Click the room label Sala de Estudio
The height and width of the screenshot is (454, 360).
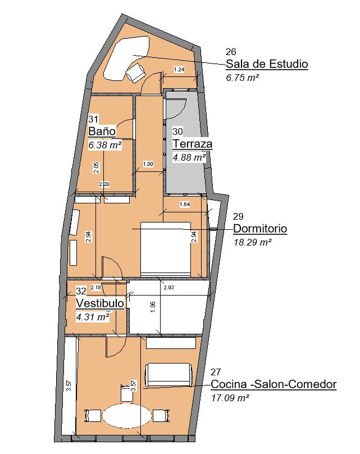[x=266, y=64]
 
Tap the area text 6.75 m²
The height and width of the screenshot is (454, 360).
[x=241, y=78]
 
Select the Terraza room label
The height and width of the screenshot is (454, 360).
[x=192, y=144]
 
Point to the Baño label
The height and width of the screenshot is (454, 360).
[x=102, y=131]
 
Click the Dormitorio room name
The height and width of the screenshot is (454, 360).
[x=259, y=229]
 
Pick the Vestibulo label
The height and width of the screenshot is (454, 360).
[x=100, y=303]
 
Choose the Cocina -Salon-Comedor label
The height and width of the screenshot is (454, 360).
[x=273, y=385]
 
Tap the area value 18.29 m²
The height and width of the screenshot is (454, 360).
[x=252, y=243]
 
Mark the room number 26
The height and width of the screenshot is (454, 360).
[x=230, y=52]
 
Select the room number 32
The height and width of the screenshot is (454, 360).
[x=81, y=291]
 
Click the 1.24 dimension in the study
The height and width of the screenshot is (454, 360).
[x=179, y=70]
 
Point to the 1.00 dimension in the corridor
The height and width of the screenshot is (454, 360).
[x=148, y=164]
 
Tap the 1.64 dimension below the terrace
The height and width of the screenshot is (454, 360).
[x=184, y=204]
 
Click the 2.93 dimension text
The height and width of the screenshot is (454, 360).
[x=168, y=288]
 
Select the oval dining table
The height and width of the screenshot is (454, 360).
[x=126, y=416]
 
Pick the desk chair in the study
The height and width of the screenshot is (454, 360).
[x=135, y=72]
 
